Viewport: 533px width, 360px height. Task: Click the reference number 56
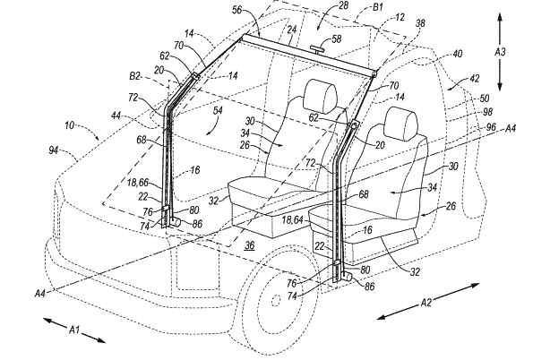pyautogui.click(x=236, y=10)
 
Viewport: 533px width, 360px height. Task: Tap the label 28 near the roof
pyautogui.click(x=343, y=5)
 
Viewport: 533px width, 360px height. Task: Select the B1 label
pyautogui.click(x=378, y=7)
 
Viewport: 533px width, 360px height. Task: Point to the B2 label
pyautogui.click(x=134, y=76)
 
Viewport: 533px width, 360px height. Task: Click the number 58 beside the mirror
pyautogui.click(x=337, y=39)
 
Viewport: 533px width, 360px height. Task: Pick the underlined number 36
pyautogui.click(x=250, y=245)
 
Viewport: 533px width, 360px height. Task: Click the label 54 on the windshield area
pyautogui.click(x=218, y=110)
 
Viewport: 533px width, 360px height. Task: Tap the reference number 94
pyautogui.click(x=54, y=150)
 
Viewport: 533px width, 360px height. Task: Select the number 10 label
pyautogui.click(x=69, y=125)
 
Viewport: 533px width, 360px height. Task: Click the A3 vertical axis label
pyautogui.click(x=500, y=52)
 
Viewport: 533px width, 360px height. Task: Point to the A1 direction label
pyautogui.click(x=74, y=329)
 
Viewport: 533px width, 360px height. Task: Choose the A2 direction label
pyautogui.click(x=426, y=302)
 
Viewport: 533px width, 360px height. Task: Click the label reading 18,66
pyautogui.click(x=138, y=183)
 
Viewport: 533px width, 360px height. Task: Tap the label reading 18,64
pyautogui.click(x=292, y=220)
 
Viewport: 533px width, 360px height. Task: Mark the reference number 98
pyautogui.click(x=487, y=112)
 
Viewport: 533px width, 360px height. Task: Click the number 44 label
pyautogui.click(x=116, y=116)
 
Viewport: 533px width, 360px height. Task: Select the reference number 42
pyautogui.click(x=474, y=79)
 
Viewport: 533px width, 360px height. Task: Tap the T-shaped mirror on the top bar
pyautogui.click(x=317, y=49)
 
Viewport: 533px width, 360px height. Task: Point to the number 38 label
pyautogui.click(x=420, y=23)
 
